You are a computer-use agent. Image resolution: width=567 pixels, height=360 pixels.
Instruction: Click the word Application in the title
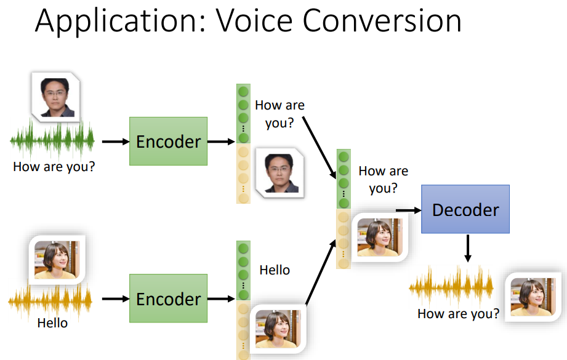point(110,22)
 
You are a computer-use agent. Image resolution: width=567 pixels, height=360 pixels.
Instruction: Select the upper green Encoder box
point(168,142)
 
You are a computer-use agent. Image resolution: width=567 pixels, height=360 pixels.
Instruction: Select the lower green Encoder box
point(168,299)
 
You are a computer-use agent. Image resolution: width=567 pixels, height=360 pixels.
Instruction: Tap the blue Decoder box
point(465,210)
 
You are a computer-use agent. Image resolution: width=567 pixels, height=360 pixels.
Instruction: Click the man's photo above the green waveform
point(54,95)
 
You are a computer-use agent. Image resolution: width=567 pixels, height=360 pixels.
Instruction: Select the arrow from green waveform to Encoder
point(113,142)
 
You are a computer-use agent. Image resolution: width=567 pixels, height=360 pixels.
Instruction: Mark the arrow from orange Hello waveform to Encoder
point(113,299)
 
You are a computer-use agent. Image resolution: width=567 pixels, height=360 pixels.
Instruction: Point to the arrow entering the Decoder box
point(408,210)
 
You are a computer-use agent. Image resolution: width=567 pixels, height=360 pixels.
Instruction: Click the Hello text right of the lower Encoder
point(275,270)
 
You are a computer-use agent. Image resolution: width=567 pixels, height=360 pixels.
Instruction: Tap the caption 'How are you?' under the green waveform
point(54,166)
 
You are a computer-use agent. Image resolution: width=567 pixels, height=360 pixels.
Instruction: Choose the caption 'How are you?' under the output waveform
point(458,314)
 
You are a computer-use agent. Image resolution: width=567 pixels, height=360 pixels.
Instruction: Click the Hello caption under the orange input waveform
point(52,322)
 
